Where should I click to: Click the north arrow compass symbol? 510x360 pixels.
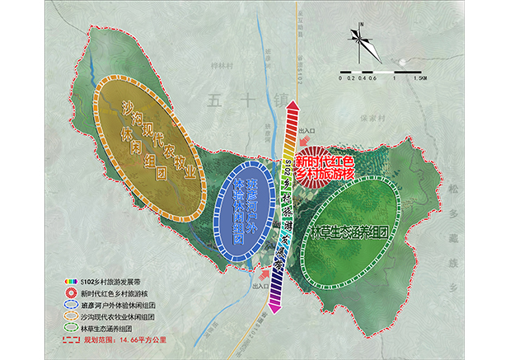click(360, 45)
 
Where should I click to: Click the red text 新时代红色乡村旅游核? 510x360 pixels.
click(324, 167)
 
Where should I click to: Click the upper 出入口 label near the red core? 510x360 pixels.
click(306, 131)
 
